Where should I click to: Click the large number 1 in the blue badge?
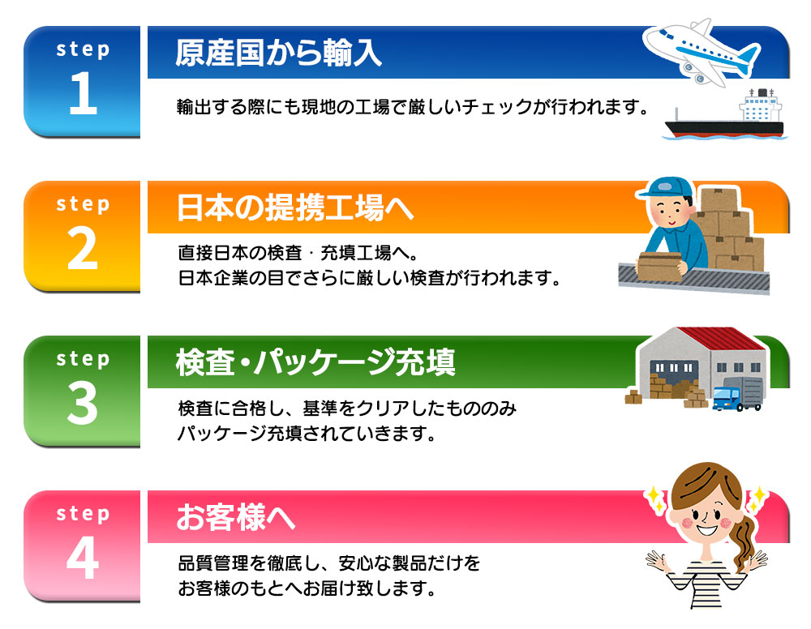[84, 93]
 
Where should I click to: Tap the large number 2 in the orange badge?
[83, 248]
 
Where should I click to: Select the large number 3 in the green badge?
[83, 403]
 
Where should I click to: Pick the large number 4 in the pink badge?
[83, 558]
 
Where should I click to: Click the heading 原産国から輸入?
[278, 53]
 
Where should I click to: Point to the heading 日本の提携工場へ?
[295, 208]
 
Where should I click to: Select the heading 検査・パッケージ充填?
[315, 362]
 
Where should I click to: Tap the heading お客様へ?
[236, 517]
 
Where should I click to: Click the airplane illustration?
[702, 52]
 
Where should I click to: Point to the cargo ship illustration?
[725, 115]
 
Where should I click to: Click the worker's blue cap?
[665, 188]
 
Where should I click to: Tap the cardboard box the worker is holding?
[659, 266]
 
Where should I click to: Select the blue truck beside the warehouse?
[737, 394]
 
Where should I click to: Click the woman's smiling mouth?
[706, 530]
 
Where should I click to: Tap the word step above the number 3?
[83, 359]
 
